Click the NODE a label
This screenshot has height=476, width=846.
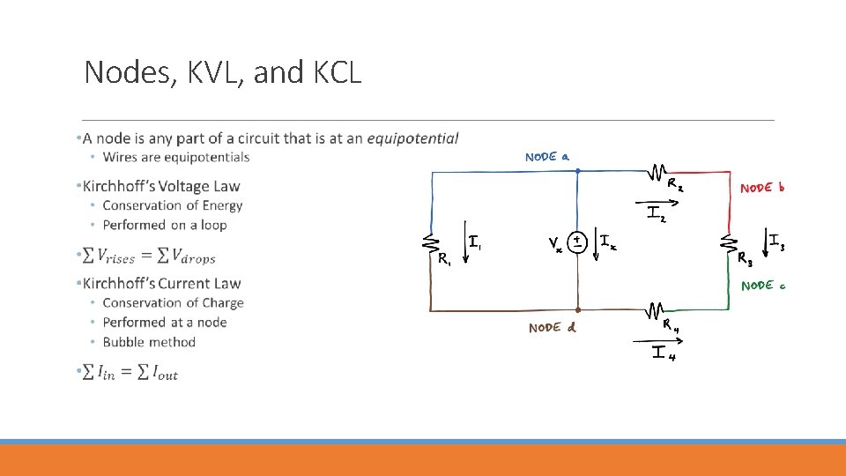[x=546, y=157]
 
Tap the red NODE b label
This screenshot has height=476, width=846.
[x=761, y=188]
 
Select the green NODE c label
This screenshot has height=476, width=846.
[x=762, y=286]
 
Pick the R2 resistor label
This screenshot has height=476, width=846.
[x=675, y=185]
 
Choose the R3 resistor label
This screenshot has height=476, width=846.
[x=746, y=261]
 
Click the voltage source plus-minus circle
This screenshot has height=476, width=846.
[x=575, y=242]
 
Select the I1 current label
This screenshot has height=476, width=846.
[x=475, y=241]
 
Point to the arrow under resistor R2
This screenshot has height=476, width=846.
[x=661, y=201]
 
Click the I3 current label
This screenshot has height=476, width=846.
[x=776, y=240]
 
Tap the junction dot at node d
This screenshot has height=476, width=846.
[x=577, y=310]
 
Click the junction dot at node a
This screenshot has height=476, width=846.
[x=577, y=172]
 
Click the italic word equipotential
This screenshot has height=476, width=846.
[x=412, y=138]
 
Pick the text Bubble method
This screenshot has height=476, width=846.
[x=149, y=342]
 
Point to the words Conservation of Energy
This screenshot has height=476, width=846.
[x=172, y=205]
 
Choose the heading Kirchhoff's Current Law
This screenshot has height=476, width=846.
[x=161, y=283]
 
